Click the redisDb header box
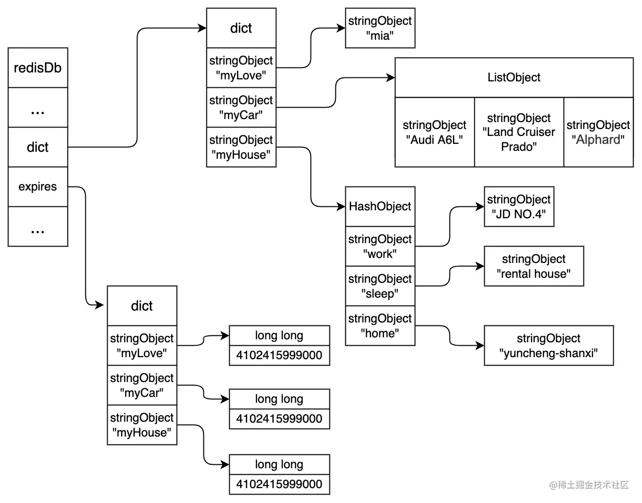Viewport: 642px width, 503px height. [38, 68]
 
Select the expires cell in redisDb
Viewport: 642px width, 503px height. [38, 187]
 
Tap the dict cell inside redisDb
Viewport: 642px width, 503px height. [38, 147]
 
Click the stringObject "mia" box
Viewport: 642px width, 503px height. [380, 28]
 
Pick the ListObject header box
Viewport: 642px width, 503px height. [514, 77]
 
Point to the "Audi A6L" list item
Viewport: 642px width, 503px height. [435, 132]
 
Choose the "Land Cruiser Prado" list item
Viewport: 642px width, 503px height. [519, 132]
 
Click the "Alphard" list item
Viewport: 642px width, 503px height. [598, 132]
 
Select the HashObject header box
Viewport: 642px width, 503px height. [380, 206]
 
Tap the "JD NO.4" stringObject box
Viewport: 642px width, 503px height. [519, 207]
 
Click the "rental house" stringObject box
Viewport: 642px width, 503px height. [534, 266]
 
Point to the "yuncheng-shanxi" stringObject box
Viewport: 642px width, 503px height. [549, 346]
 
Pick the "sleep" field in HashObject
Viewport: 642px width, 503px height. [380, 286]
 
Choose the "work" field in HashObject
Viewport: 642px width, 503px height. [380, 247]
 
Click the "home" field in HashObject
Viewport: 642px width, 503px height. [380, 326]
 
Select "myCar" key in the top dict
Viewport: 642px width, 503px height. [241, 108]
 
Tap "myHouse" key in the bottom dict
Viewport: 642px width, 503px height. [142, 425]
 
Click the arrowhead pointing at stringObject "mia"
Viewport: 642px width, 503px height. [341, 28]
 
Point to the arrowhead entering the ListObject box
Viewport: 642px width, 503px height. [391, 78]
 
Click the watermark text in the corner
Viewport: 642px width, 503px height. [589, 485]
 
